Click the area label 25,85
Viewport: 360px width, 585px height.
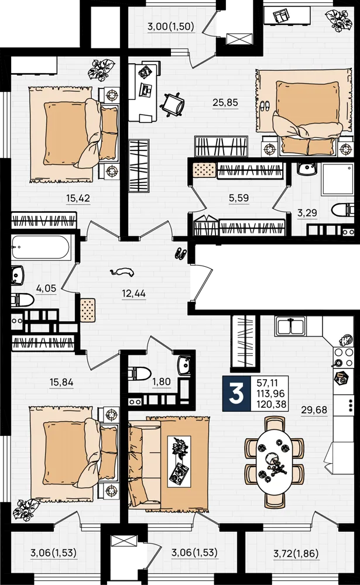pyautogui.click(x=225, y=102)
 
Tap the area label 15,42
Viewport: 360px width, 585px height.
pyautogui.click(x=78, y=198)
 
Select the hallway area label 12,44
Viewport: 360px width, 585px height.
pyautogui.click(x=133, y=294)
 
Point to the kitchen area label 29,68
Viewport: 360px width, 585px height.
pyautogui.click(x=314, y=409)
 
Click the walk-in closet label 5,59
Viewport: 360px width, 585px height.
pyautogui.click(x=239, y=198)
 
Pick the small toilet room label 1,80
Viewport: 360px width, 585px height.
pyautogui.click(x=162, y=381)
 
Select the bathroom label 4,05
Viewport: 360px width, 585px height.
pyautogui.click(x=46, y=288)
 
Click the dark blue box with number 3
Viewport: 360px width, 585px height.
pyautogui.click(x=236, y=394)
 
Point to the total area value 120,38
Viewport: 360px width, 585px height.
pyautogui.click(x=271, y=404)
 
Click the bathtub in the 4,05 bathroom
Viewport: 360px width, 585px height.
pyautogui.click(x=40, y=247)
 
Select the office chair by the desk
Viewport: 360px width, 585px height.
pyautogui.click(x=172, y=105)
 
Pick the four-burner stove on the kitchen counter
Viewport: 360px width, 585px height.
pyautogui.click(x=344, y=357)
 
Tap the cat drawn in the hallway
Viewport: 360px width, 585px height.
pyautogui.click(x=122, y=272)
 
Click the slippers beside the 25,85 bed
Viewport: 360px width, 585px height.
pyautogui.click(x=265, y=105)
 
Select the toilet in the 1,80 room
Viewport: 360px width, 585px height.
pyautogui.click(x=139, y=372)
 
